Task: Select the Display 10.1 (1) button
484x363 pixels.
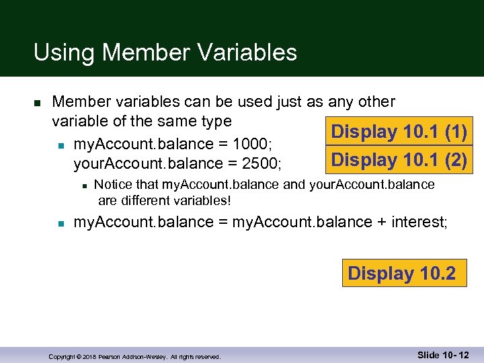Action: (x=399, y=132)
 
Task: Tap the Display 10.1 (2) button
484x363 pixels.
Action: (x=399, y=160)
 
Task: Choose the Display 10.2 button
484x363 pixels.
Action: (x=401, y=273)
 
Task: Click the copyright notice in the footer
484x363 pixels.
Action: (x=134, y=356)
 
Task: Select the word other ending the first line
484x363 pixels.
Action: (x=376, y=102)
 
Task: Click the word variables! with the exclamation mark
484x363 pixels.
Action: (x=208, y=200)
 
